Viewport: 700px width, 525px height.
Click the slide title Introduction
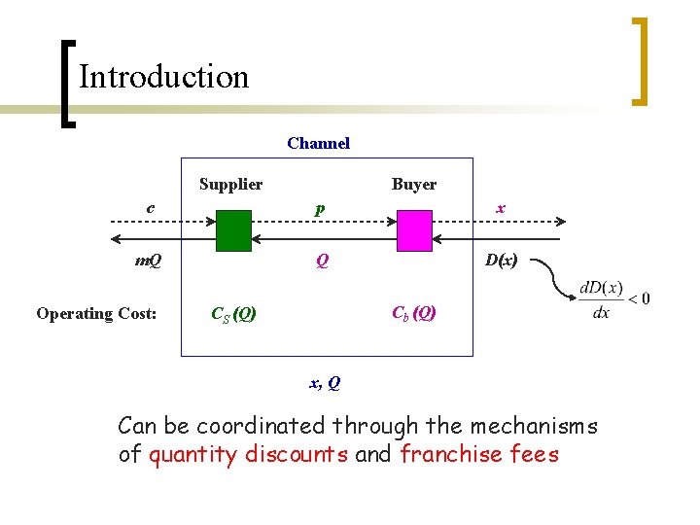(x=163, y=77)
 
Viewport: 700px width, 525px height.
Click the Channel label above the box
(x=318, y=144)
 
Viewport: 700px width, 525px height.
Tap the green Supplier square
(x=233, y=231)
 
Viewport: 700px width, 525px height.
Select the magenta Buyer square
(x=413, y=231)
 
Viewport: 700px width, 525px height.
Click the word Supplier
(x=230, y=184)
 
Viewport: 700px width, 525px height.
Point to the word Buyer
(x=414, y=184)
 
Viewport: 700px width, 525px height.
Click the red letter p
(x=319, y=208)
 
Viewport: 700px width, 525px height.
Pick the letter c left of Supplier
(x=150, y=207)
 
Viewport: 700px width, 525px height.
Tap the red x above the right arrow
(x=500, y=207)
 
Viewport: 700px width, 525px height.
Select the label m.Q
(x=148, y=261)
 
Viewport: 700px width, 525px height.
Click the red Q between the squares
(x=319, y=261)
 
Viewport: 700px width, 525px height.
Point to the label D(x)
(x=501, y=261)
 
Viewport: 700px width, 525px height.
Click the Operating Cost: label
(x=96, y=313)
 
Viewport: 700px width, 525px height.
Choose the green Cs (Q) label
(x=233, y=314)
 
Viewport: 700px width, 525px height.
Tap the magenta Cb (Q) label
(x=413, y=312)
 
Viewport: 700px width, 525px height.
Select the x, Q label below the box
(x=325, y=383)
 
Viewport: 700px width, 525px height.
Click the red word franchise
(x=447, y=454)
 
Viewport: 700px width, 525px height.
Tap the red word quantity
(x=193, y=454)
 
